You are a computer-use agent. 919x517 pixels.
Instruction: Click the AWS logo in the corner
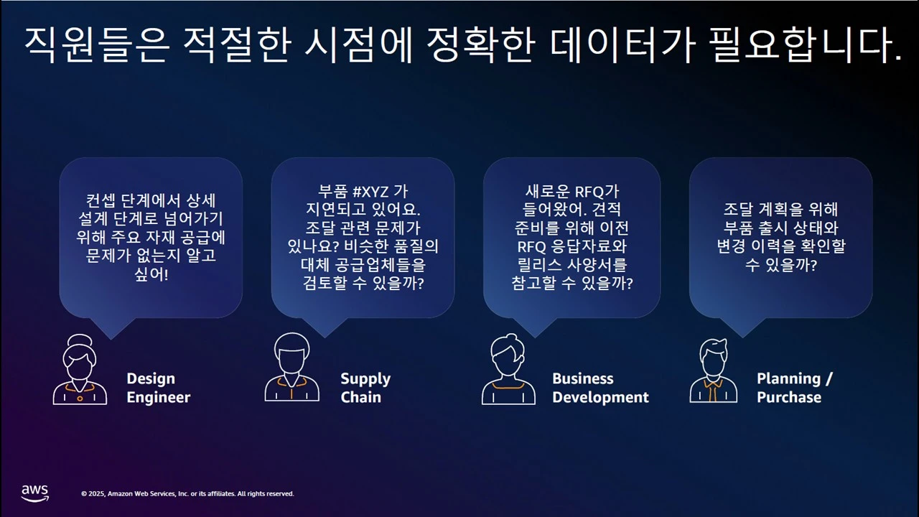pos(34,493)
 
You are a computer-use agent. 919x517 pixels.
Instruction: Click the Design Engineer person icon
pos(80,370)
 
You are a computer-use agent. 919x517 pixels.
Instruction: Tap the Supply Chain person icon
pos(291,367)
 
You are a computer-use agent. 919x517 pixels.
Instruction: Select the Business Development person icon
pos(508,370)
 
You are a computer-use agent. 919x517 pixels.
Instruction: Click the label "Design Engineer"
pos(158,388)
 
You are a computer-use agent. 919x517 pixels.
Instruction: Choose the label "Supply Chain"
pos(365,388)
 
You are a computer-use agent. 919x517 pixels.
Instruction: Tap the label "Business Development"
pos(600,388)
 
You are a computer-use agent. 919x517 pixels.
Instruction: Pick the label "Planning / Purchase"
pos(794,388)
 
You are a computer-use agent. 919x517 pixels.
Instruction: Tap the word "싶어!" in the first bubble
pos(151,275)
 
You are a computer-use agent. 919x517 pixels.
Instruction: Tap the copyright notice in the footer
pos(187,494)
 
